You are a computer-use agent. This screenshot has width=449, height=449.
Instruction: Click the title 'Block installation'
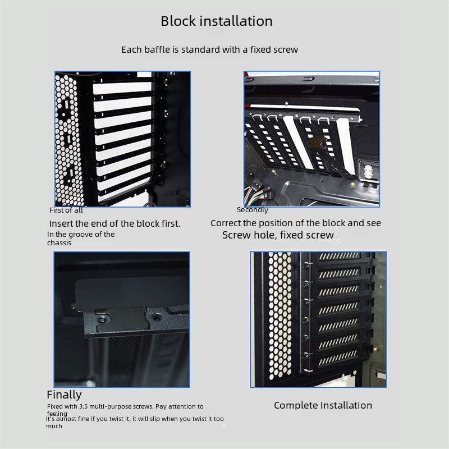coord(217,21)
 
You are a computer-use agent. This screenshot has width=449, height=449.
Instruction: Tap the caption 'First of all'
coord(66,210)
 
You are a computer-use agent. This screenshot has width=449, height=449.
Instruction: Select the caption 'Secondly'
coord(253,210)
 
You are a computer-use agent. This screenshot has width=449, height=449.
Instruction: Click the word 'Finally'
coord(64,395)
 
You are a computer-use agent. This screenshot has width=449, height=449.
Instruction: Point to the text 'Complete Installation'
coord(323,405)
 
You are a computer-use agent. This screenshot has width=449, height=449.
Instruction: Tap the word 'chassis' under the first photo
coord(59,243)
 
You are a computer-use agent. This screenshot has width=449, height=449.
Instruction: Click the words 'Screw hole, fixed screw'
coord(278,235)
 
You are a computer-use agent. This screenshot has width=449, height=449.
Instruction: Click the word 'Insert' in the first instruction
coord(61,223)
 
